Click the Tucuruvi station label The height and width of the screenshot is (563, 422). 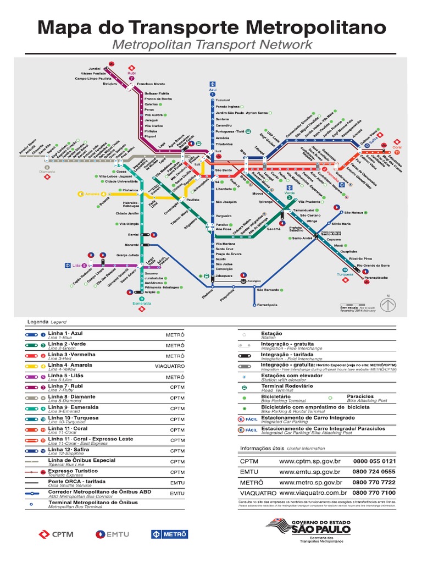(223, 100)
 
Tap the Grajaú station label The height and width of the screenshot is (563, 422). (151, 292)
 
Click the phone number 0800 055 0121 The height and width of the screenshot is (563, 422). (374, 461)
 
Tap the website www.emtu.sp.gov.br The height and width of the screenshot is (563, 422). (310, 472)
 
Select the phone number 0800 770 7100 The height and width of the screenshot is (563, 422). (374, 493)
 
